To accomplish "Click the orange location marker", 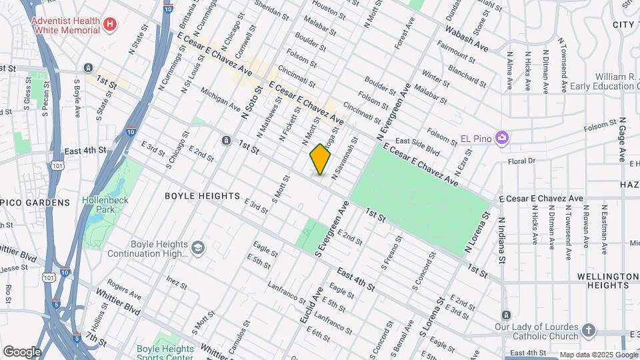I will point(321,159).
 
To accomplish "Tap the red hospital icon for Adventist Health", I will point(111,25).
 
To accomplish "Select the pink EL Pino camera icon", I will point(502,138).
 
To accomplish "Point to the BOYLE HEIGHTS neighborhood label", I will point(202,196).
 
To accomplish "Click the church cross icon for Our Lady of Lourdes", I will point(588,330).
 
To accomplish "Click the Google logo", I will point(21,351).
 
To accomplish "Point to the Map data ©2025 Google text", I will point(598,355).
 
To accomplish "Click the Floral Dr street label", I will point(521,161).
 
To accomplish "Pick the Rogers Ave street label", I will point(125,289).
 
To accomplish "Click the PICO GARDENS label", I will point(35,202).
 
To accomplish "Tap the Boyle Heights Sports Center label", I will point(165,353).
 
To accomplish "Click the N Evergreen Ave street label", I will point(394,113).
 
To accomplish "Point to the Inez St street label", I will point(176,283).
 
